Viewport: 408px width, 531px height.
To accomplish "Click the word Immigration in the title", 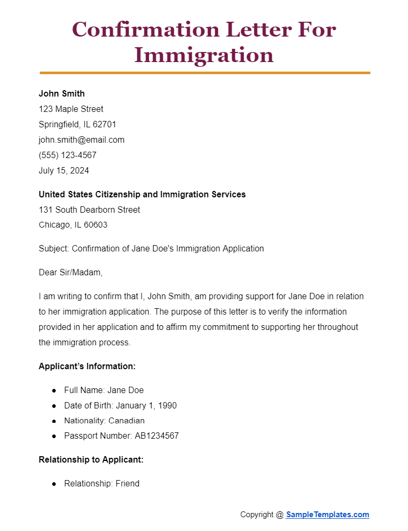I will click(x=204, y=55).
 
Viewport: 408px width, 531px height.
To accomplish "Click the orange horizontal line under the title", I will click(x=205, y=73).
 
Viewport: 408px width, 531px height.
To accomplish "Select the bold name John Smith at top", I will click(x=61, y=94).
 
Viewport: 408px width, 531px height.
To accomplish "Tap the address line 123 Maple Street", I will click(x=71, y=109).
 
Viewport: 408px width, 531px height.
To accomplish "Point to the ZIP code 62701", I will click(x=104, y=125).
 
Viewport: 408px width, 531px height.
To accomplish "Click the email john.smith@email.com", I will click(x=82, y=140).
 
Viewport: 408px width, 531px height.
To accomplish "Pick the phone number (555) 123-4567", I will click(x=67, y=155).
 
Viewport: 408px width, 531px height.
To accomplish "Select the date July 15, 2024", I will click(x=64, y=171).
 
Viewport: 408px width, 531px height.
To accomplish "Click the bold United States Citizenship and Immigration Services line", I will click(x=142, y=195).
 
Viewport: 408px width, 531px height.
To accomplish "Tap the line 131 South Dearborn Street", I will click(x=90, y=210).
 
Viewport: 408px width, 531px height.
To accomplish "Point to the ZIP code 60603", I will click(x=95, y=225).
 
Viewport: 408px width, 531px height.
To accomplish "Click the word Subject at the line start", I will click(x=54, y=249).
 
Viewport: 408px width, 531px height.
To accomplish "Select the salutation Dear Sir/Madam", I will click(x=70, y=273).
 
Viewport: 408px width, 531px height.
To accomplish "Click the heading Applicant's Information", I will click(x=87, y=367).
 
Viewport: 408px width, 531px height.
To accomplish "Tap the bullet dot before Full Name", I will click(x=54, y=390).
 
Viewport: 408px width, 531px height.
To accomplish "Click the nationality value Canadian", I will click(x=127, y=421).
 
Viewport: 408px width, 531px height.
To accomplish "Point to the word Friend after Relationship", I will click(x=127, y=484).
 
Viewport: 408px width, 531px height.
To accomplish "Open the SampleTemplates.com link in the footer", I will click(x=327, y=515).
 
